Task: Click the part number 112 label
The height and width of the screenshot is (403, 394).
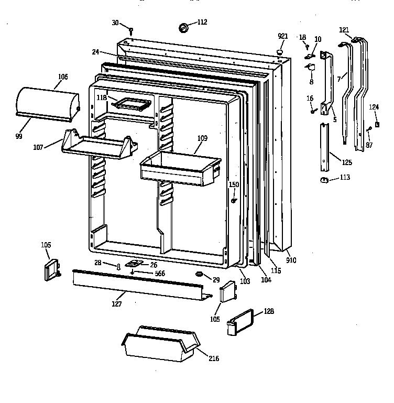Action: [202, 22]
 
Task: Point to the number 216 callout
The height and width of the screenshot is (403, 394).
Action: [214, 358]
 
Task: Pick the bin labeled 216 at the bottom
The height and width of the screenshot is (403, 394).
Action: [160, 346]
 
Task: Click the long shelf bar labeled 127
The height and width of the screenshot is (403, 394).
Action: [137, 286]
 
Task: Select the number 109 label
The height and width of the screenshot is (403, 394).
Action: [202, 138]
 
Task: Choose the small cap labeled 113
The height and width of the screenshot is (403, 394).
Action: [324, 180]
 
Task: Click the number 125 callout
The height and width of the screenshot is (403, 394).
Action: [346, 162]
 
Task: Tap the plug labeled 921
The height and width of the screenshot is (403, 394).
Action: [281, 52]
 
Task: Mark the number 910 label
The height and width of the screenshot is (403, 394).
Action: [291, 260]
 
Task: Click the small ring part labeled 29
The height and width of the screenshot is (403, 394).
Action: [199, 275]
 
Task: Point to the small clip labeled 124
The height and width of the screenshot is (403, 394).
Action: [377, 126]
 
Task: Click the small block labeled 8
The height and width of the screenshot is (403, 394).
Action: [310, 67]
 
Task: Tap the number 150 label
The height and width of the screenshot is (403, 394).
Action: [234, 184]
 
